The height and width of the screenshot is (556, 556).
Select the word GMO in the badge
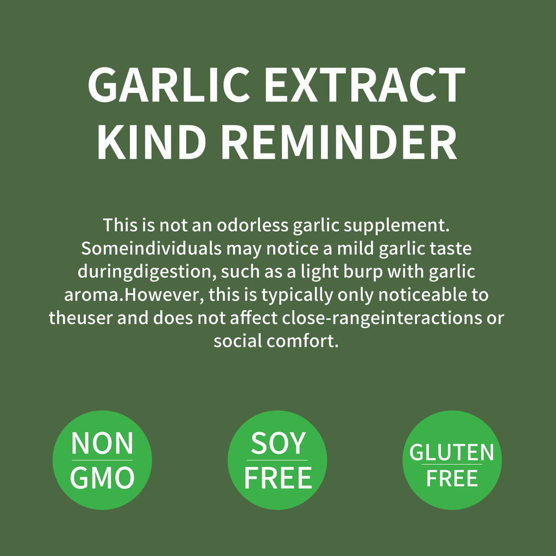(x=102, y=478)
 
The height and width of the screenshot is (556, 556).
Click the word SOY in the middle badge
(x=278, y=444)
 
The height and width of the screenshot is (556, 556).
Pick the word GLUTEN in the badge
(x=452, y=452)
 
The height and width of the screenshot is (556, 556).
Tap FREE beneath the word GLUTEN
(x=452, y=478)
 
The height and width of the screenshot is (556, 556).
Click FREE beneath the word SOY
(x=278, y=478)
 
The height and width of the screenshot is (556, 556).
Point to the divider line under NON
(x=102, y=460)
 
